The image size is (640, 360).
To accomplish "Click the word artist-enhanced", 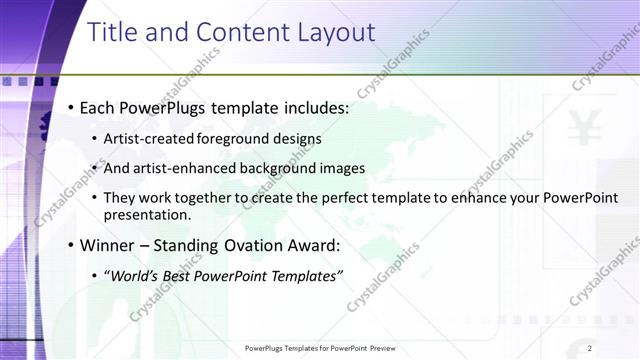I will point(182,168).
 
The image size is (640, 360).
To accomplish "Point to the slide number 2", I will point(590,348).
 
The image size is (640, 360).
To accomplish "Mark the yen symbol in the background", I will point(581,129).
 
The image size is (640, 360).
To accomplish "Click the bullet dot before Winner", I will point(70,245).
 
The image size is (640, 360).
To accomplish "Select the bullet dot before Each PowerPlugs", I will point(70,107).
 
